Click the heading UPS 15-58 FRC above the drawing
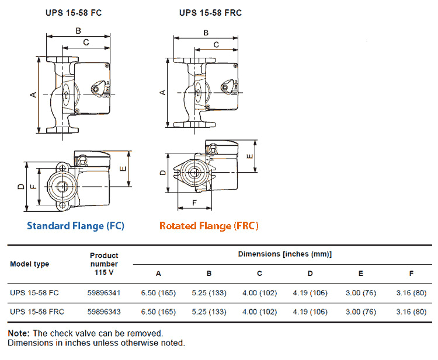click(x=210, y=12)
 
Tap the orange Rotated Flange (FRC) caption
click(x=208, y=225)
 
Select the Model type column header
click(x=30, y=264)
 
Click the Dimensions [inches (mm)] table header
click(x=284, y=254)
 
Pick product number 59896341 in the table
click(x=104, y=293)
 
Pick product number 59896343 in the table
click(x=104, y=312)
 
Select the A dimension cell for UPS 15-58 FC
click(x=158, y=293)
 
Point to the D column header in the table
click(x=310, y=273)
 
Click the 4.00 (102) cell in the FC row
click(x=259, y=293)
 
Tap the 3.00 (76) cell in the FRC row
click(x=360, y=312)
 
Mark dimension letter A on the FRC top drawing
click(x=163, y=92)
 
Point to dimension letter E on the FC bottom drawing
click(x=123, y=168)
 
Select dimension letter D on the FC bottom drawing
click(x=20, y=187)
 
